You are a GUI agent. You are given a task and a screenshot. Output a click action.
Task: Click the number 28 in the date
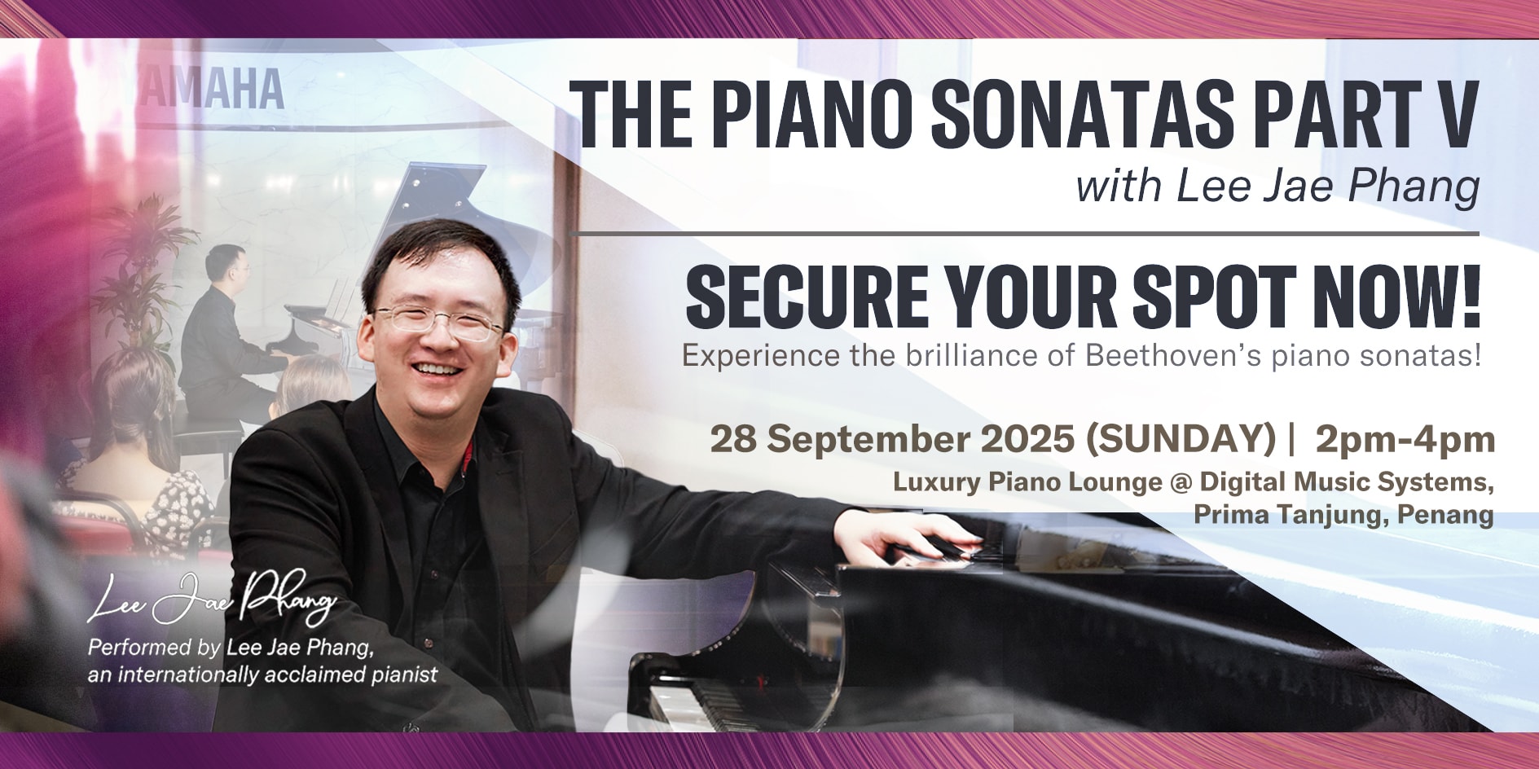[733, 439]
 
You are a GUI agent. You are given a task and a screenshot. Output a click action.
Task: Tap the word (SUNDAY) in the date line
[1181, 440]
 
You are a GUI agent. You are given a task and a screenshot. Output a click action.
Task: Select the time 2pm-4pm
[1405, 441]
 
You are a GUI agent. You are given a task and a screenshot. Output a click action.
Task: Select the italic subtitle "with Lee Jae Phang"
[1277, 186]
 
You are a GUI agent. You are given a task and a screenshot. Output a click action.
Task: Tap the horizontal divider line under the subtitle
[1023, 234]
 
